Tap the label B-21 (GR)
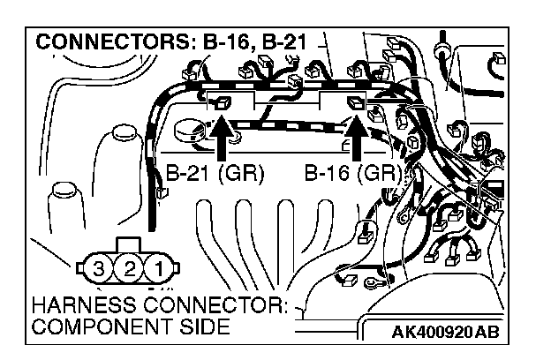click(215, 173)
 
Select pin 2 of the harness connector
click(130, 266)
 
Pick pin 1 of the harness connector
click(159, 266)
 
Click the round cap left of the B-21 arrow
click(188, 130)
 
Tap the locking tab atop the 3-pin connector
click(129, 244)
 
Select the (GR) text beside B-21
click(244, 173)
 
